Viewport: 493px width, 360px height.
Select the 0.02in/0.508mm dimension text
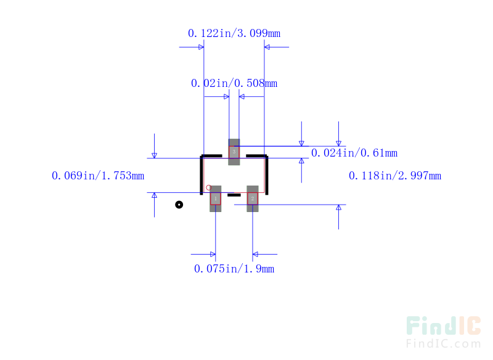(234, 83)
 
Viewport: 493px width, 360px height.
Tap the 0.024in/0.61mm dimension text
(354, 153)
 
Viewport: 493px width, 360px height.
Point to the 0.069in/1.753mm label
(98, 176)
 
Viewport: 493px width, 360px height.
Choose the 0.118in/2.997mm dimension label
(395, 176)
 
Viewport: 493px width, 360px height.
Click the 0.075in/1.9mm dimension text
(234, 269)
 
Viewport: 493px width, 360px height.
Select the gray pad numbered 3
(234, 152)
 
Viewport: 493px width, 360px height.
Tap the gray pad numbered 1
(216, 198)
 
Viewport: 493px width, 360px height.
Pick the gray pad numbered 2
(253, 198)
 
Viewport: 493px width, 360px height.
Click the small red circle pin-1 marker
(208, 187)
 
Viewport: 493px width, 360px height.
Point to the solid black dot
(179, 205)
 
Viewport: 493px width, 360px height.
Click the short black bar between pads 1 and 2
(234, 195)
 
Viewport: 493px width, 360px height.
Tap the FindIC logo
(443, 326)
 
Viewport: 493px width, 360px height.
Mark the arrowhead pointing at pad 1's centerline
(213, 254)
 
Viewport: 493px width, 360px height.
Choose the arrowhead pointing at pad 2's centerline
(256, 254)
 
